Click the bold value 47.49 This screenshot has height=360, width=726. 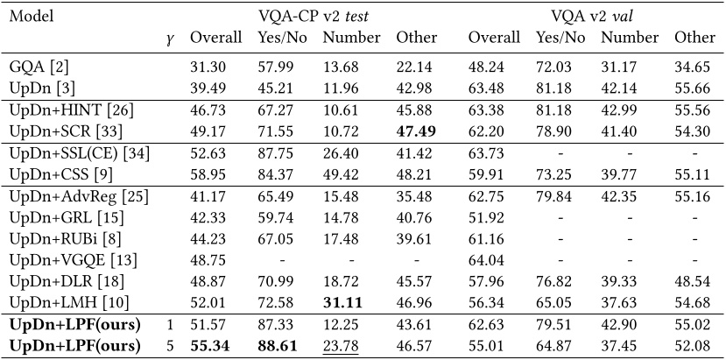(416, 132)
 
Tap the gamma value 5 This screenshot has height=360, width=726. (170, 347)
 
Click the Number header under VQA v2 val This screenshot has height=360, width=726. (629, 39)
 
